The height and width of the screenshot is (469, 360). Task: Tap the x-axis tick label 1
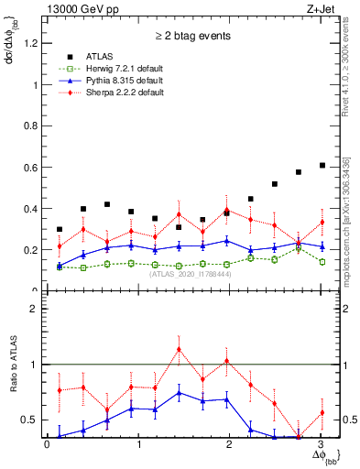pyautogui.click(x=138, y=444)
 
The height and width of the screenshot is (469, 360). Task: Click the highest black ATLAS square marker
pyautogui.click(x=322, y=165)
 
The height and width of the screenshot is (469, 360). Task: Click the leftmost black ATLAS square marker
pyautogui.click(x=60, y=229)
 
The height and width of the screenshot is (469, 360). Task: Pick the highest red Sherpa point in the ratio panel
pyautogui.click(x=179, y=348)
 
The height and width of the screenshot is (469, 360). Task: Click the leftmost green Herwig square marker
pyautogui.click(x=60, y=267)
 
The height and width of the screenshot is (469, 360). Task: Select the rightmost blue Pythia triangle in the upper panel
pyautogui.click(x=322, y=245)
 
